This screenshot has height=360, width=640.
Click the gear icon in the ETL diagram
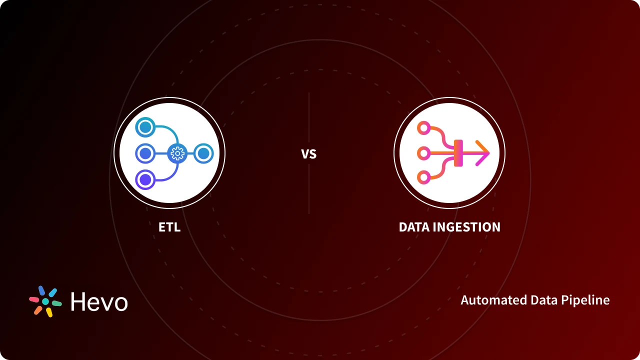coord(177,153)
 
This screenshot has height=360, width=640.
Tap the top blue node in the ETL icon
coord(145,127)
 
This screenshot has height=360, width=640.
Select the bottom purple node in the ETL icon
coord(145,179)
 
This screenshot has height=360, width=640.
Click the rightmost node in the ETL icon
coord(203,153)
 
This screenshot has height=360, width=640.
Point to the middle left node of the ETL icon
coord(145,153)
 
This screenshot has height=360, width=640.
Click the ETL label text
coord(169,227)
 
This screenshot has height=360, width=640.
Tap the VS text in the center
coord(309,154)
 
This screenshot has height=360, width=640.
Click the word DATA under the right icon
coord(414,227)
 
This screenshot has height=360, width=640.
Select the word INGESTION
coord(466,227)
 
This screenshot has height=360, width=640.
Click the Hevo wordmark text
coord(99,301)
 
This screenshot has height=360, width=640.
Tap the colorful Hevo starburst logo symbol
coord(45,301)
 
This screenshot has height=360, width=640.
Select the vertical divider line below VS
coord(309,190)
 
